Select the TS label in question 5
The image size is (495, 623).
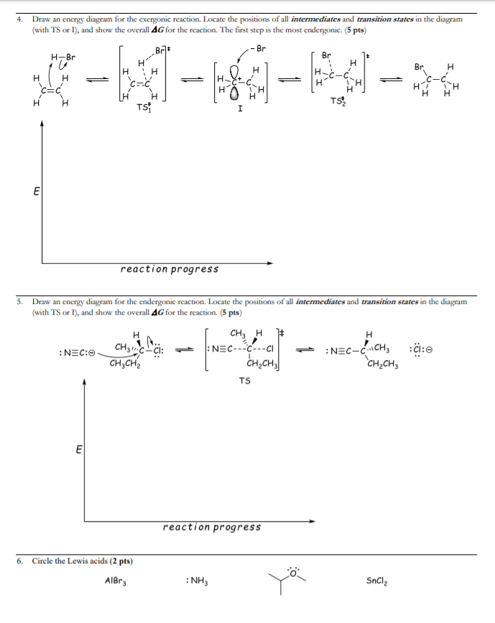245,382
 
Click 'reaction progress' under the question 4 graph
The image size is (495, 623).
170,269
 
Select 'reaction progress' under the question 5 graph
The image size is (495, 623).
212,527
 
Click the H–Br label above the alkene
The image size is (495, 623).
64,57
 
